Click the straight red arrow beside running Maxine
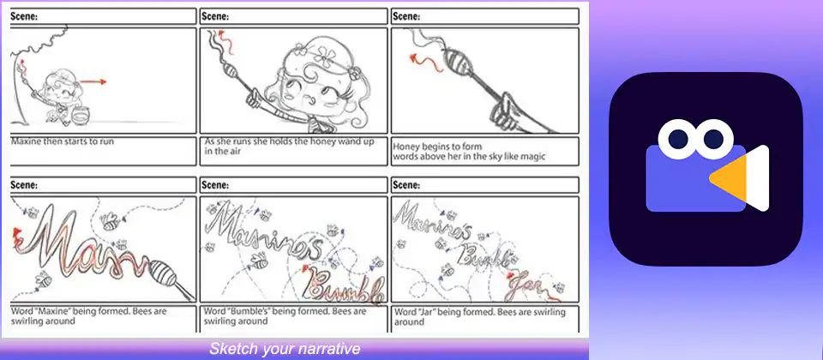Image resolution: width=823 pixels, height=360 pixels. click(x=93, y=82)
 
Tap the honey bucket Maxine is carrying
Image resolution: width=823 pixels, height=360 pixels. click(x=80, y=113)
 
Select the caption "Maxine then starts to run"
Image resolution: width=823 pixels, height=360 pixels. click(x=63, y=141)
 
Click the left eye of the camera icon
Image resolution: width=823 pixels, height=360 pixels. click(x=678, y=139)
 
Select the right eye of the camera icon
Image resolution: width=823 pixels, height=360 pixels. click(x=714, y=139)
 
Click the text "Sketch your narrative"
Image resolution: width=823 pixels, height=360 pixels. click(x=285, y=349)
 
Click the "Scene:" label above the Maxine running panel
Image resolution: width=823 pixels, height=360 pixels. click(x=24, y=16)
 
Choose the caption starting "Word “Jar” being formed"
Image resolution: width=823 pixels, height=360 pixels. click(x=480, y=316)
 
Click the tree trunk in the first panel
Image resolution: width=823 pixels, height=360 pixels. click(x=15, y=79)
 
